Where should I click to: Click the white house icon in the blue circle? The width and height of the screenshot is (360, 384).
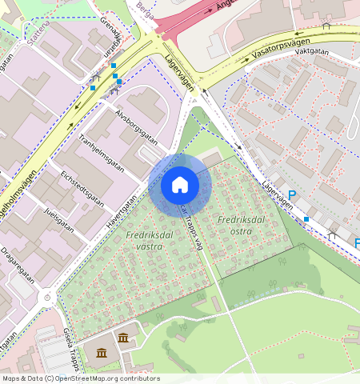180,186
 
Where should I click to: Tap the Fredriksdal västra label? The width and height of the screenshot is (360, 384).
144,241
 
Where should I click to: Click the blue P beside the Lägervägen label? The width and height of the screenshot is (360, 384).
292,195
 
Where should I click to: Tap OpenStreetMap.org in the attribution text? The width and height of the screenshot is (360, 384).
87,378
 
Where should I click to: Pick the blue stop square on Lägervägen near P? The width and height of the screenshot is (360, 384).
306,218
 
